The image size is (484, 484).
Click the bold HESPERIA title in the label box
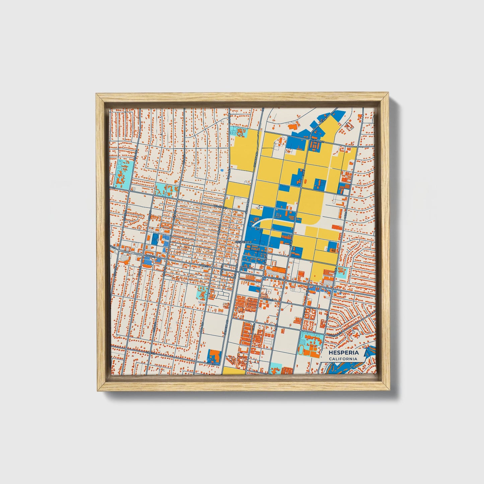(343, 353)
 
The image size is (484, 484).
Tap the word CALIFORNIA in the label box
(343, 359)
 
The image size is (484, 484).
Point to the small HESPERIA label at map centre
(242, 241)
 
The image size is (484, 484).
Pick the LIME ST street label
(212, 363)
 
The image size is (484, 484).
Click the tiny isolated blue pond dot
(222, 170)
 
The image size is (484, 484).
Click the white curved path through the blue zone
(265, 221)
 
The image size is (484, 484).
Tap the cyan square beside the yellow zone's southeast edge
(341, 273)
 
